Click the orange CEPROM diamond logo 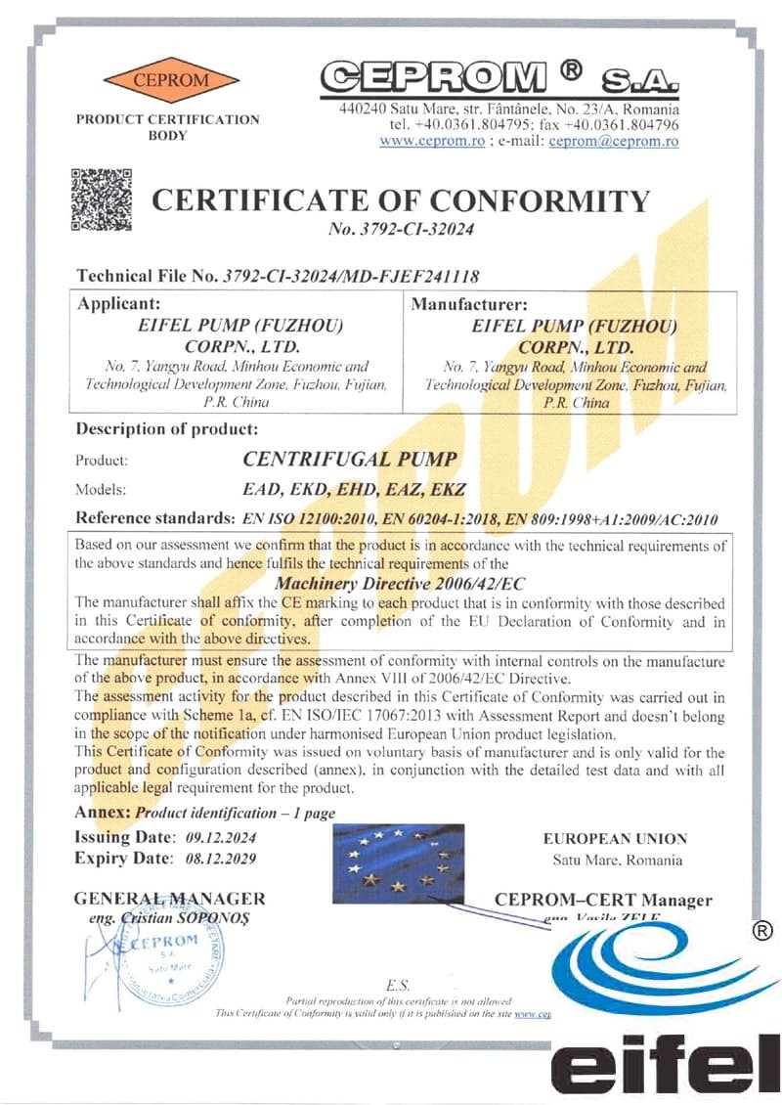point(171,79)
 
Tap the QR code point(102,199)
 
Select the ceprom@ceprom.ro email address point(614,141)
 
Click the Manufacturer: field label point(469,304)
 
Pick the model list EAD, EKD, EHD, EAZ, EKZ point(354,489)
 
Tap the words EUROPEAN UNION point(615,839)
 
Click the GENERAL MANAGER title point(169,899)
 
